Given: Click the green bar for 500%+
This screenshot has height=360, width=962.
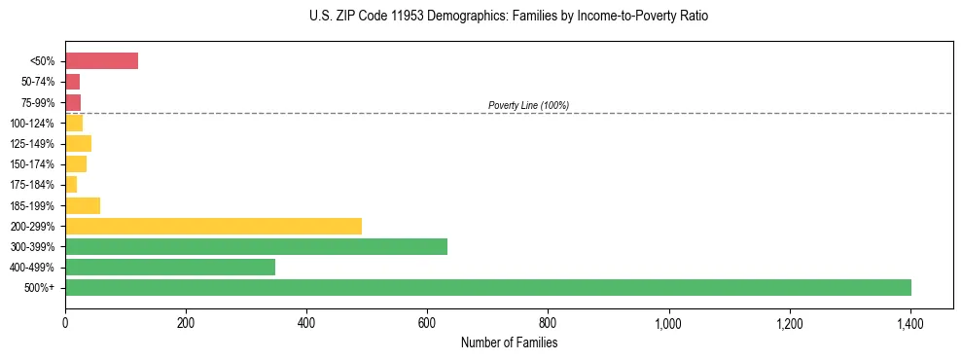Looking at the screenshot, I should pos(487,287).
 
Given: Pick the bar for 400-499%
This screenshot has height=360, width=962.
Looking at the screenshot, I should pos(170,267).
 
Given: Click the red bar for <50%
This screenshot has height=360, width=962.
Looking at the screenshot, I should pos(101,61).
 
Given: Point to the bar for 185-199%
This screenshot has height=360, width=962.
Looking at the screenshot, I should pos(83,205).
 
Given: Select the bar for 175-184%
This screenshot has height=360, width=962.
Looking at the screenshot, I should pos(71,185).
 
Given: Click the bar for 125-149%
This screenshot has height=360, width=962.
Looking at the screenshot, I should pos(78,143).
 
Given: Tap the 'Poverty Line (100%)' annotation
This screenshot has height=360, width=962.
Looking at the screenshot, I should pos(528,105).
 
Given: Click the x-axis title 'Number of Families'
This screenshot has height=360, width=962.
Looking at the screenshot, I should pos(509,342).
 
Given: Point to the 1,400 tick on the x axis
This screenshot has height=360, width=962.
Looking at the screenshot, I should pos(910,323).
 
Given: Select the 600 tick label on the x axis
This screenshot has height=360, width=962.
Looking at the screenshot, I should pos(427,323).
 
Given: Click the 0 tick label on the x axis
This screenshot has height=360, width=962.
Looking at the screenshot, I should pos(65,323).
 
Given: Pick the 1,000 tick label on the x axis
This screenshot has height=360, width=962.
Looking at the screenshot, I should pos(669,323).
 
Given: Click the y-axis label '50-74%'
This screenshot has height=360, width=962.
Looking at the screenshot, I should pos(39,82).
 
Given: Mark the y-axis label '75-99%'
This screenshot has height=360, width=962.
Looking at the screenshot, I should pos(39,102).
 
